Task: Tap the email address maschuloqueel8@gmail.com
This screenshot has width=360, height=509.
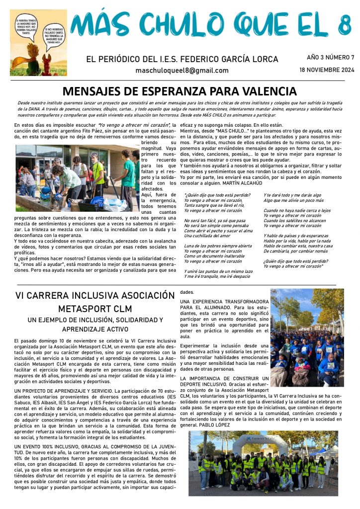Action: tap(182, 71)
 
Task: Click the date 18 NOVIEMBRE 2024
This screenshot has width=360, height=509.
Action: tap(327, 70)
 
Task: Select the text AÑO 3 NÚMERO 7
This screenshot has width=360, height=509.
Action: tap(330, 57)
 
